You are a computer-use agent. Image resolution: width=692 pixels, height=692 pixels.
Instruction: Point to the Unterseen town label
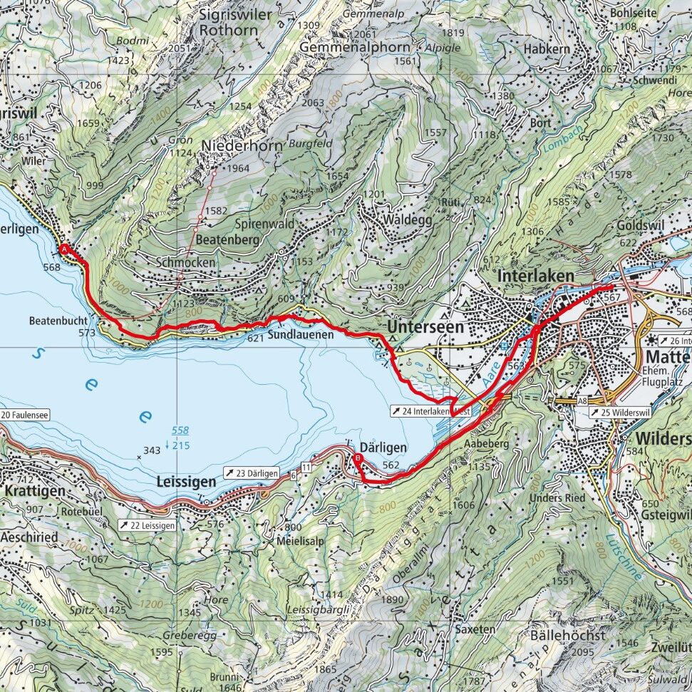tap(426, 327)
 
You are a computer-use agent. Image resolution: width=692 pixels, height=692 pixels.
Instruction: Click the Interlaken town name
tap(537, 276)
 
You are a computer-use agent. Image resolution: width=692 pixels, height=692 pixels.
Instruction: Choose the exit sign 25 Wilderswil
tap(619, 412)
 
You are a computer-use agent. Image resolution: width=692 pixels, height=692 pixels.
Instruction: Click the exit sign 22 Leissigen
tap(146, 525)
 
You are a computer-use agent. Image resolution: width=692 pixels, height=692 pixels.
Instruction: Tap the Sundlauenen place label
tap(301, 335)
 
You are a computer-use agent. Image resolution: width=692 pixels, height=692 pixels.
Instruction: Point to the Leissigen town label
tap(185, 482)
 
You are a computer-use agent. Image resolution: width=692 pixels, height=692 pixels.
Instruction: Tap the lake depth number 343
tap(151, 450)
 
